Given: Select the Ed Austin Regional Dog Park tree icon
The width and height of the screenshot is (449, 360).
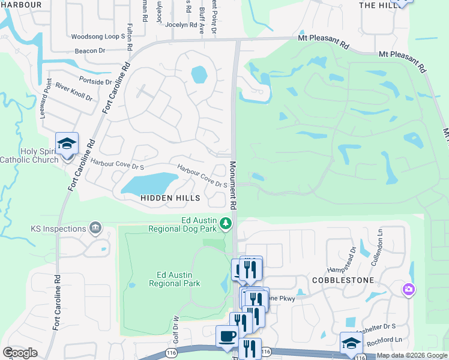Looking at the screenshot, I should (226, 224).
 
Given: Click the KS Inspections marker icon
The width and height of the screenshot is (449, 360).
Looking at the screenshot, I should (95, 228).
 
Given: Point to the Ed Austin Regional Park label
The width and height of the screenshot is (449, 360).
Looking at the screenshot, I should (174, 279).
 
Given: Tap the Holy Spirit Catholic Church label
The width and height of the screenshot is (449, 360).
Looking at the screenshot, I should (30, 155).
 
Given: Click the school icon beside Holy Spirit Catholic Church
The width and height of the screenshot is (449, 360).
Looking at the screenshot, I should (67, 144).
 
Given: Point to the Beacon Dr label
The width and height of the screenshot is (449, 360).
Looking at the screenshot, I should (90, 51).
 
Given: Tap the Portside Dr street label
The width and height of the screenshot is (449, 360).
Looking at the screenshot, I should (95, 81).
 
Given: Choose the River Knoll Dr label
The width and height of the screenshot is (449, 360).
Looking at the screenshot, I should (74, 92).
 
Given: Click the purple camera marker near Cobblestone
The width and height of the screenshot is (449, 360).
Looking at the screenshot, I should (409, 290).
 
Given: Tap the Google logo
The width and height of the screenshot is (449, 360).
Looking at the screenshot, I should (20, 352).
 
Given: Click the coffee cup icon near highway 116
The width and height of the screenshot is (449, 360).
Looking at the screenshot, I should (227, 336).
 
